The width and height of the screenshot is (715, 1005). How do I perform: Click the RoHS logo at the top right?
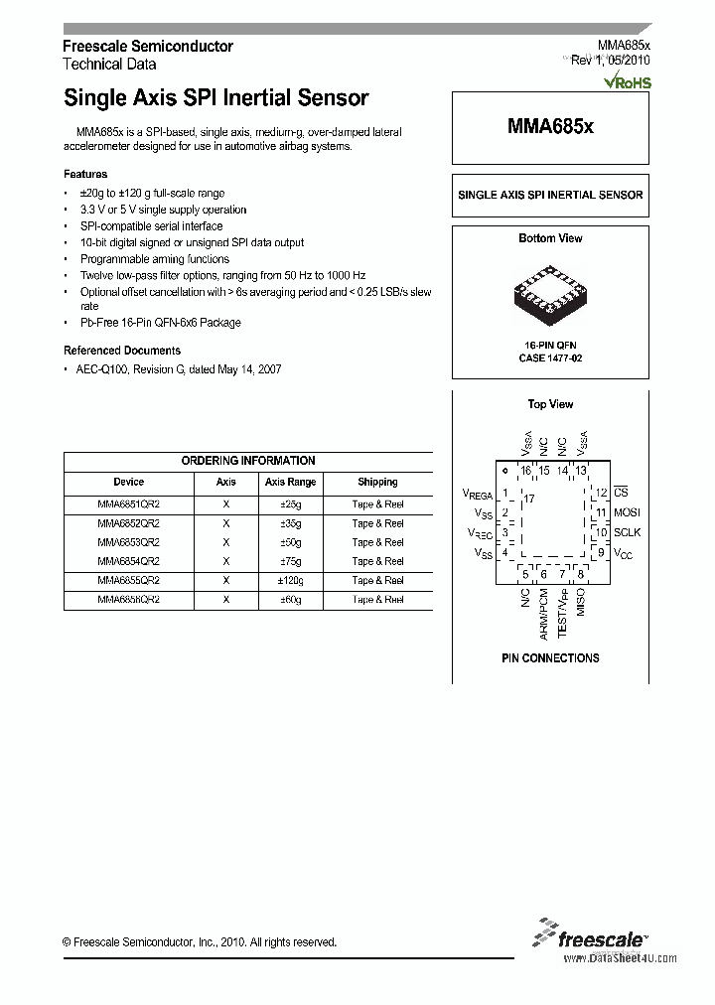click(630, 81)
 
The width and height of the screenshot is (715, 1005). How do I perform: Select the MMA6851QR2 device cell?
click(128, 504)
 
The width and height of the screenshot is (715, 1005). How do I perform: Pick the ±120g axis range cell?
click(289, 580)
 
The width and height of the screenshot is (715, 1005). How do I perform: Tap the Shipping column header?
click(377, 482)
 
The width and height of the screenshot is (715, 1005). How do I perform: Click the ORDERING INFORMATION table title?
click(248, 461)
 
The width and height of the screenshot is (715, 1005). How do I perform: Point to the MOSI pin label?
click(628, 512)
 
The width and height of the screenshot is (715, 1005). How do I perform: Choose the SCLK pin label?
click(628, 532)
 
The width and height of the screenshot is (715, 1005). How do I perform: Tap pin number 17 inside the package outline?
click(529, 499)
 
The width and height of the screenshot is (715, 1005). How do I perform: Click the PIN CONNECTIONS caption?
click(550, 658)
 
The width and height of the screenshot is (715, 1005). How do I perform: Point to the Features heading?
click(85, 174)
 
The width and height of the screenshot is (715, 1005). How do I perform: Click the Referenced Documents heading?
click(122, 351)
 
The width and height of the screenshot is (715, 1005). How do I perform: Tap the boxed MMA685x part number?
click(550, 127)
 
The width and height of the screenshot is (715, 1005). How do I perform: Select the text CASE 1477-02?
click(550, 358)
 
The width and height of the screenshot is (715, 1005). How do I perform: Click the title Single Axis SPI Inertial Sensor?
click(215, 98)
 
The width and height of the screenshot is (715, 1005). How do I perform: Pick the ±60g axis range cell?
click(289, 600)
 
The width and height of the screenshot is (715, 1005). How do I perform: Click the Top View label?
click(550, 404)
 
